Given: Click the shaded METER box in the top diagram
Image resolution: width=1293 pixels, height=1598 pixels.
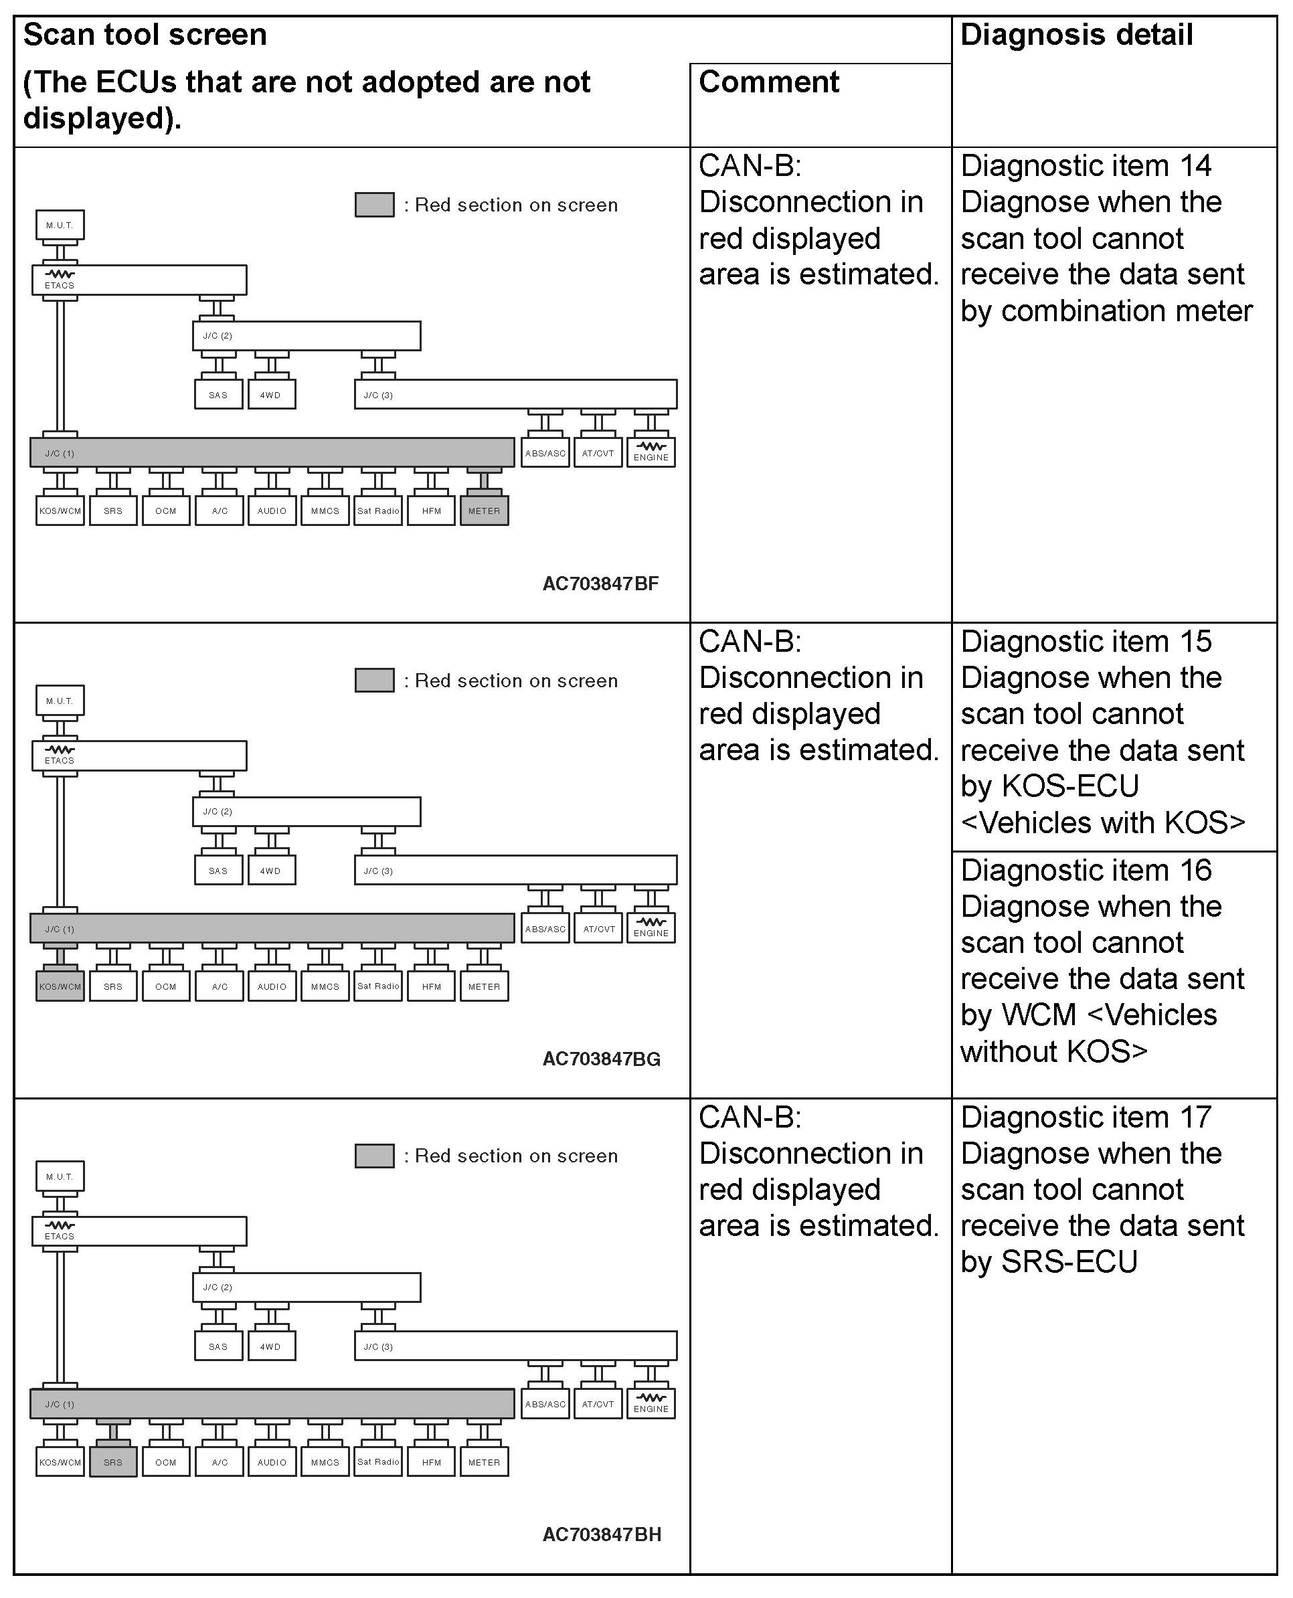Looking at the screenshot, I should click(x=484, y=511).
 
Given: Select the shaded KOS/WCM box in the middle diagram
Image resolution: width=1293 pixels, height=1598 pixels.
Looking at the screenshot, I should click(x=60, y=986).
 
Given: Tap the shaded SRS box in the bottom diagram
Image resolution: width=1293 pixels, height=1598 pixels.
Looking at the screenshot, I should click(x=113, y=1461).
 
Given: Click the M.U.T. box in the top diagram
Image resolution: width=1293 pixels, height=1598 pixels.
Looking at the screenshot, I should click(x=60, y=225).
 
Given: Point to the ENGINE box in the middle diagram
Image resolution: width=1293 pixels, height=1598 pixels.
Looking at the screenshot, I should click(x=651, y=929).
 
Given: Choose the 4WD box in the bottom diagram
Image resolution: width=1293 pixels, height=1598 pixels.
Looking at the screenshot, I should click(x=271, y=1346).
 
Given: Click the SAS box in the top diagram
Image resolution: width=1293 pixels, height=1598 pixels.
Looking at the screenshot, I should click(x=218, y=395).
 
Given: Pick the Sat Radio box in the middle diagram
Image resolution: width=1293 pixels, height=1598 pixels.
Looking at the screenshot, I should click(x=378, y=986).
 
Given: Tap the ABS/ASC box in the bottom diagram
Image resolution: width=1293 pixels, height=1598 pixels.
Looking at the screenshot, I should click(x=545, y=1405).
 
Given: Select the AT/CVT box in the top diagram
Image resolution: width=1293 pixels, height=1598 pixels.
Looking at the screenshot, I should click(x=598, y=453).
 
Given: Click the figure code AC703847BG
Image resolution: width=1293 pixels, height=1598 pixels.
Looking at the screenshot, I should click(x=601, y=1059).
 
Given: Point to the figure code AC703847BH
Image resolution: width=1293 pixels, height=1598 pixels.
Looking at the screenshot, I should click(x=601, y=1534).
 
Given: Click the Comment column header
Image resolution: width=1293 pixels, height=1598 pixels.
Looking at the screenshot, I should click(x=769, y=82).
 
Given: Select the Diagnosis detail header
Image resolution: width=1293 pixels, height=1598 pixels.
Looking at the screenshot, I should click(x=1076, y=35).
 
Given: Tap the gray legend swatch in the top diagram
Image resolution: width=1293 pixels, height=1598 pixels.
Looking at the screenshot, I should click(x=375, y=205).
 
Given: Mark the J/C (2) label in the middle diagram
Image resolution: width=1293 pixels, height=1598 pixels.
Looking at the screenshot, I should click(x=218, y=812).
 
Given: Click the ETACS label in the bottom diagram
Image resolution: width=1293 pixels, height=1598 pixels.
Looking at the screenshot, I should click(x=60, y=1236).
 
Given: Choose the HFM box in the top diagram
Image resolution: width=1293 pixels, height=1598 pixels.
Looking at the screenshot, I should click(x=431, y=511).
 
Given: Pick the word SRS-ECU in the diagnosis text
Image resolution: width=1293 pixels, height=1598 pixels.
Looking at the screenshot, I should click(x=1069, y=1262).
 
